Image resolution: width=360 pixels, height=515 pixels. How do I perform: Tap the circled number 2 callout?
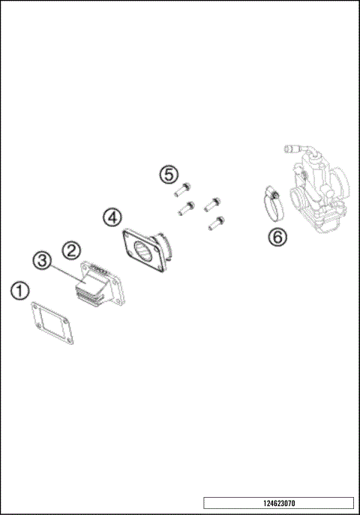71,250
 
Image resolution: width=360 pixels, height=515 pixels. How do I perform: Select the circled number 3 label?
43,261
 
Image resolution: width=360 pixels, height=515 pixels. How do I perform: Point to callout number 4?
112,217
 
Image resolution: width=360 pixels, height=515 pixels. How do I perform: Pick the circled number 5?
169,174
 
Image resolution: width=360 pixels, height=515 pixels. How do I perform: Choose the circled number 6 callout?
277,237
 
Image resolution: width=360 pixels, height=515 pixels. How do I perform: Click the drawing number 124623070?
277,503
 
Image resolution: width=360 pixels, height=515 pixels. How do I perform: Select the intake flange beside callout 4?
145,251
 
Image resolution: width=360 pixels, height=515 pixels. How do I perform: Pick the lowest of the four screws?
217,222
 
